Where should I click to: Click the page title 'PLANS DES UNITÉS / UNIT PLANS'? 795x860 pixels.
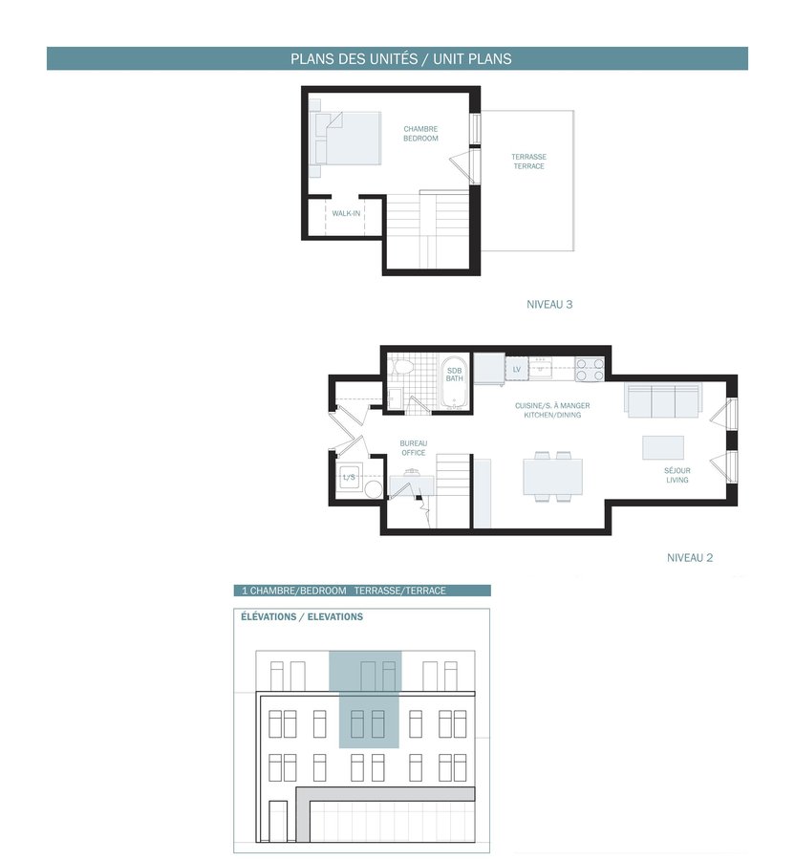400,58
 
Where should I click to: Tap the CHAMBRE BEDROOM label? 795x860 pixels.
420,134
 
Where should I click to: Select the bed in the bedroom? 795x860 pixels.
345,139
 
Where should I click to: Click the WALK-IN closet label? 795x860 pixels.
346,213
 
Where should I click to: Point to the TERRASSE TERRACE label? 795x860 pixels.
529,161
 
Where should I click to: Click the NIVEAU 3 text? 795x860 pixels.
549,305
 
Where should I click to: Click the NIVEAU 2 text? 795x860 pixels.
690,558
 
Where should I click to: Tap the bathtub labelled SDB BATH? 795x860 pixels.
455,382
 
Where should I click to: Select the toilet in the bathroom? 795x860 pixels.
403,366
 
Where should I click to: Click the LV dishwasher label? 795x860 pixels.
517,369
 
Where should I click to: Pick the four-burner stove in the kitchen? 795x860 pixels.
590,369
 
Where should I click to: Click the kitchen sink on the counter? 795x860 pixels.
540,369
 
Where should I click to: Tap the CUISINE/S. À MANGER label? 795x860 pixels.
552,406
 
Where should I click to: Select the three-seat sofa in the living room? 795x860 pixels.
662,399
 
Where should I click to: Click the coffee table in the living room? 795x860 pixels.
663,447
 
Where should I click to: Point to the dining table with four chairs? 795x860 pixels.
552,476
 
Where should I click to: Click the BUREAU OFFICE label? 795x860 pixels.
414,448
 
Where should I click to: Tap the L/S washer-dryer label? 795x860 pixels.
349,477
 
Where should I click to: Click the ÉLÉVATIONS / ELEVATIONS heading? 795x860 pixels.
302,616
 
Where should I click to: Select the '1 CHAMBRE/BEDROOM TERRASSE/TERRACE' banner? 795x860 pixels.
362,591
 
